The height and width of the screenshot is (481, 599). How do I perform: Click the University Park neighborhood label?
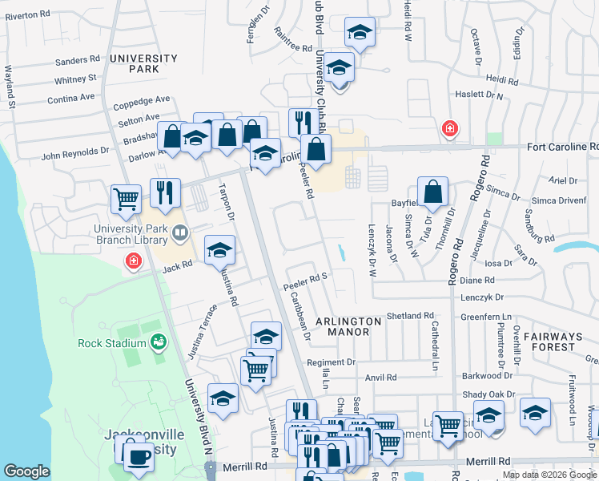coord(143,64)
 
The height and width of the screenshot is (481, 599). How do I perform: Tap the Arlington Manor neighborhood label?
coord(348,327)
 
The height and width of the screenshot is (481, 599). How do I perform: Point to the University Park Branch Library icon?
coord(181,233)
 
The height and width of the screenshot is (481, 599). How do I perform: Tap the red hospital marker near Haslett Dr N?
coord(450,128)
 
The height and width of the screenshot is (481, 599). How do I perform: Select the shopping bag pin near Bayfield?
coord(432,192)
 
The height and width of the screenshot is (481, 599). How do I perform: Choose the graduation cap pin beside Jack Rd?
coord(219,251)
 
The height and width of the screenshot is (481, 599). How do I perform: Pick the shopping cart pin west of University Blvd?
coord(127,198)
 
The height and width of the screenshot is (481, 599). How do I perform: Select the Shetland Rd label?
coord(409,316)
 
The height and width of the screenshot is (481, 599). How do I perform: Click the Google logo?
coord(26,471)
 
